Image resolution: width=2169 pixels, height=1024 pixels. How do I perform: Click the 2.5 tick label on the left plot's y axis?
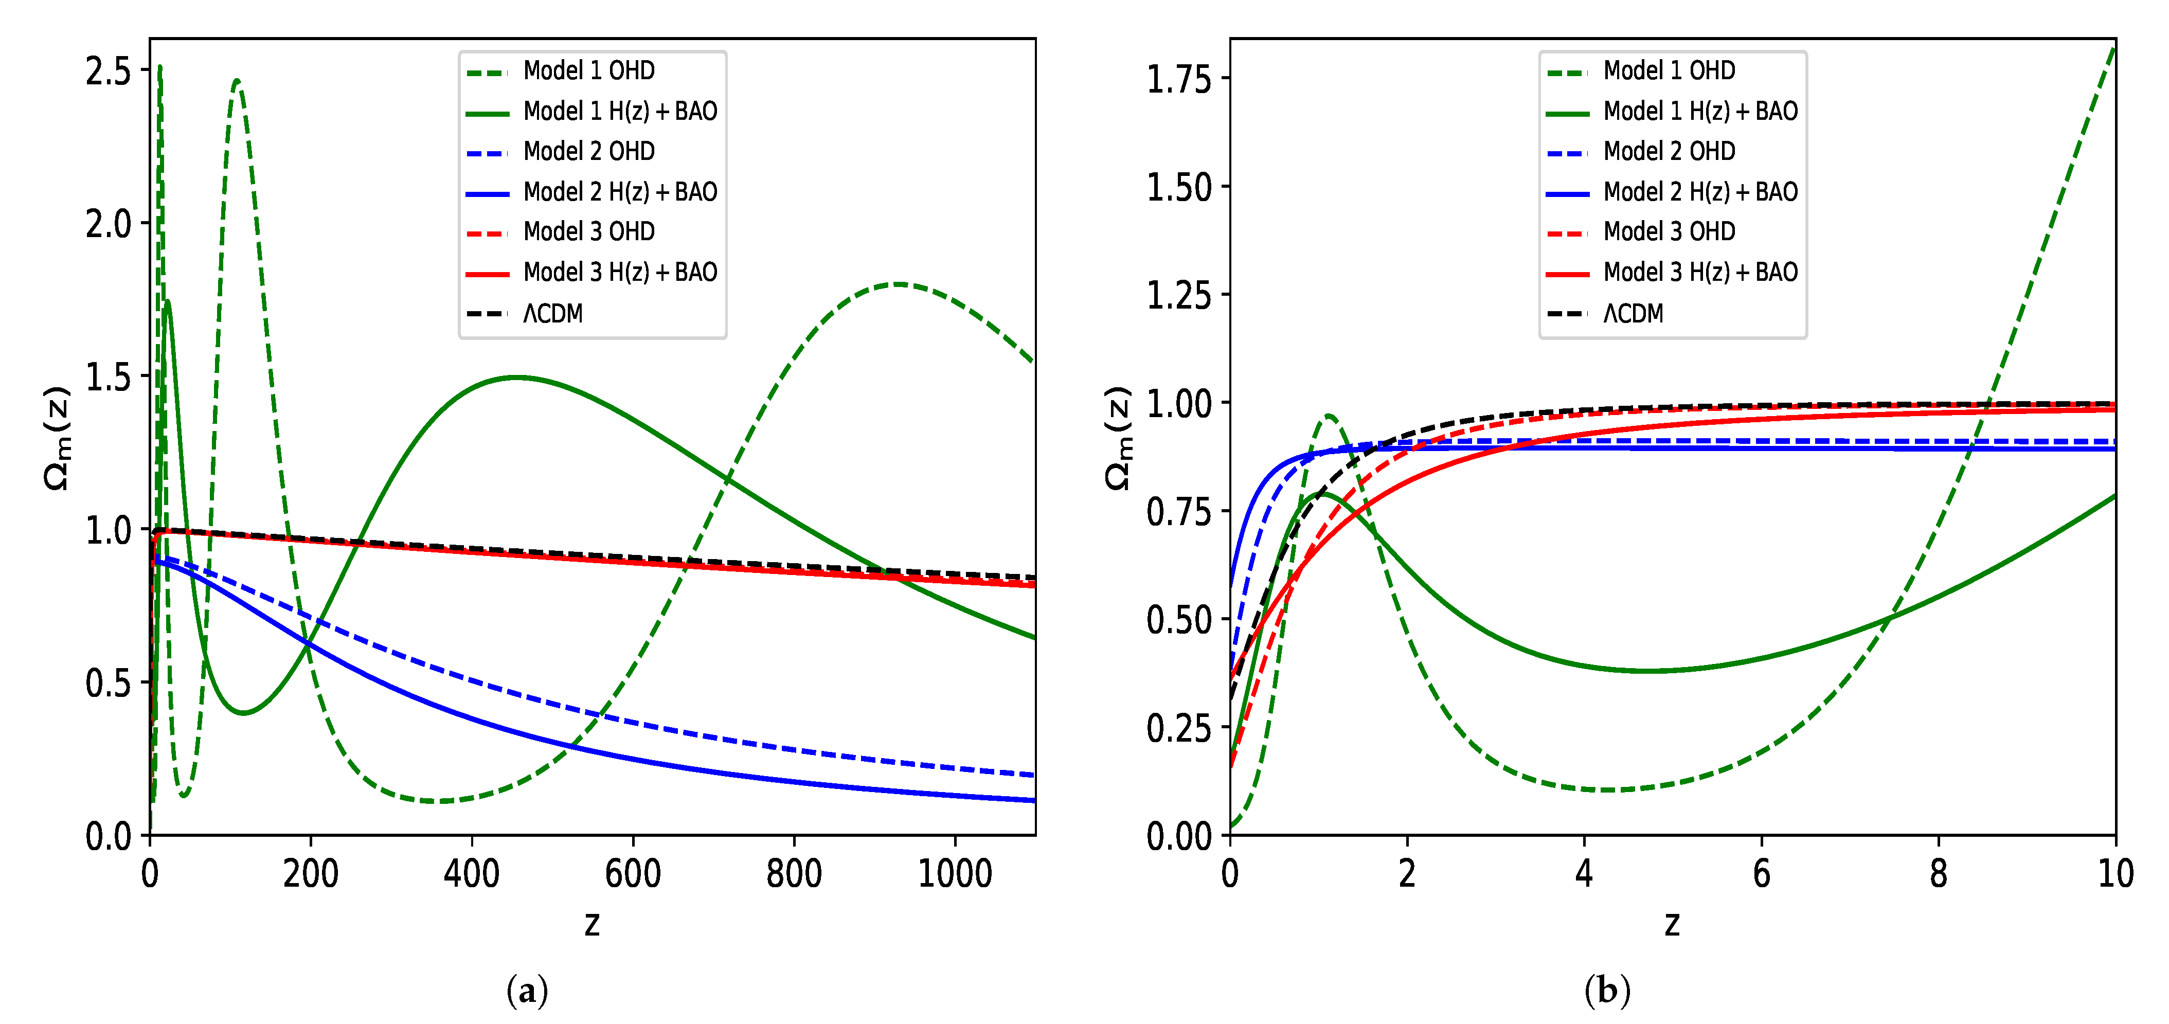(x=108, y=71)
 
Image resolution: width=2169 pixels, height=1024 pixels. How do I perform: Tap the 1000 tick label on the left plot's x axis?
(x=954, y=874)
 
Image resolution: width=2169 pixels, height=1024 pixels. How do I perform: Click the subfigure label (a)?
(x=527, y=991)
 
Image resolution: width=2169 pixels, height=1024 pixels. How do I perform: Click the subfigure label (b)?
(x=1606, y=991)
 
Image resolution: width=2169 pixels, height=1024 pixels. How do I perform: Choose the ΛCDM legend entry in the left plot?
(x=552, y=313)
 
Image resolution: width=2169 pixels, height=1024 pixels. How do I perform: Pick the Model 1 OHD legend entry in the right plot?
(x=1669, y=71)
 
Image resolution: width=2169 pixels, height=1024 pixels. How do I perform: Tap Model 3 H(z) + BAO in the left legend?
(x=620, y=272)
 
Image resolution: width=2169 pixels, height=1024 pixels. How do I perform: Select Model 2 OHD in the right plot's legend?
(x=1669, y=152)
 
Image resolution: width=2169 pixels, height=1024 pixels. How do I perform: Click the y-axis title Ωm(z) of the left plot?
(x=57, y=438)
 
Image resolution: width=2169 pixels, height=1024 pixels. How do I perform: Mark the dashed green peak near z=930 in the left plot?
(x=899, y=284)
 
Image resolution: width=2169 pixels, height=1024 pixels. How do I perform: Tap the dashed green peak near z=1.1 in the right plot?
(x=1329, y=415)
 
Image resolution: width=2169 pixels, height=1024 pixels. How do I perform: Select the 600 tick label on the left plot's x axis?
(x=632, y=874)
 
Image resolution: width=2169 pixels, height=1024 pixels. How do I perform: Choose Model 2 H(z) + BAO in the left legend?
(x=620, y=192)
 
